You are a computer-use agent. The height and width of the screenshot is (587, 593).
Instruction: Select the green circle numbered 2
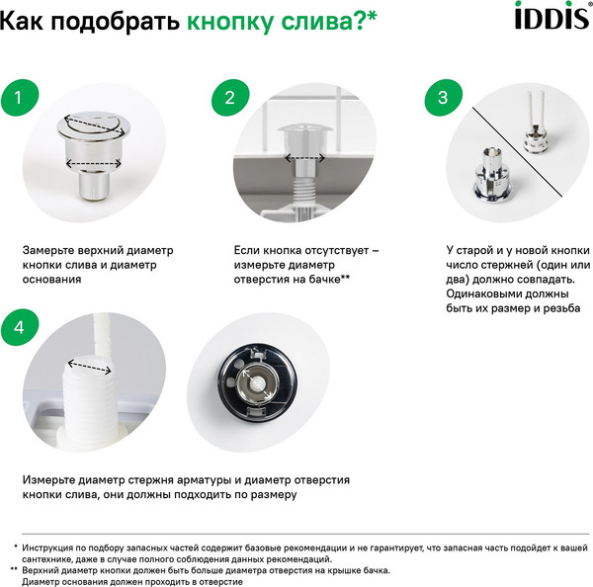point(229,98)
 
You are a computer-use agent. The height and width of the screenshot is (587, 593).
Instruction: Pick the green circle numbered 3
point(443,98)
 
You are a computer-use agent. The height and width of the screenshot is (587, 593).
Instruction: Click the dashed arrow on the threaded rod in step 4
point(90,368)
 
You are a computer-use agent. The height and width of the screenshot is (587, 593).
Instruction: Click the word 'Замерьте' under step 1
point(52,251)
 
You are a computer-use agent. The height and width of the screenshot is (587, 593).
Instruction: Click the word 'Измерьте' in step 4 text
point(50,480)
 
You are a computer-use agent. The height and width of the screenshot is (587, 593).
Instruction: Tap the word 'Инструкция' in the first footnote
point(49,546)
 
